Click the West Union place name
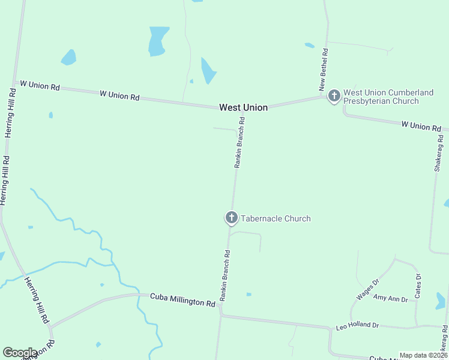243,107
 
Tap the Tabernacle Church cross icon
232,218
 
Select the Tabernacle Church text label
276,218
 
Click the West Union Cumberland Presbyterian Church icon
334,95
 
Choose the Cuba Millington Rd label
182,299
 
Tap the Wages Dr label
368,289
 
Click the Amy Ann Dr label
390,298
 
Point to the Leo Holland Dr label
357,325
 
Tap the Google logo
20,353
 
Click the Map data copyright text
423,355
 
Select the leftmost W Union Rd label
40,86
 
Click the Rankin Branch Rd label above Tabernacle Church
240,142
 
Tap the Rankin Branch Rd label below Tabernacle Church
225,275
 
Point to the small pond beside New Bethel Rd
309,45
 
